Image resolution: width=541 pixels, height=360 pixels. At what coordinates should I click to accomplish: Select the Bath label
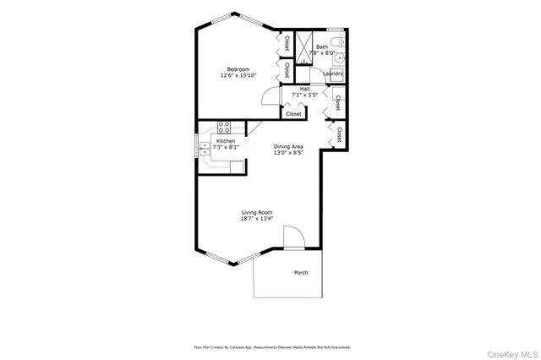click(x=322, y=46)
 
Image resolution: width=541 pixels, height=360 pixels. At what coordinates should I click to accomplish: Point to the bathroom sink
click(x=338, y=59)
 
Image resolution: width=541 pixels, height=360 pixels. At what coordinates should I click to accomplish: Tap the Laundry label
click(x=332, y=74)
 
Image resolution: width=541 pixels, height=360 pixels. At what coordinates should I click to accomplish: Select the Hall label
click(x=304, y=88)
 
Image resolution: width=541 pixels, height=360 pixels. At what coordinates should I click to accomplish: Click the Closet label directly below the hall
click(x=293, y=113)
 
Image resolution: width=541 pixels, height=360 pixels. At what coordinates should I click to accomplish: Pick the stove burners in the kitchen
click(x=225, y=128)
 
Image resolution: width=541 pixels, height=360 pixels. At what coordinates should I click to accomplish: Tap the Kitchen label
click(x=226, y=141)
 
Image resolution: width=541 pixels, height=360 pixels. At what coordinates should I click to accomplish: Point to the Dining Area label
click(x=288, y=146)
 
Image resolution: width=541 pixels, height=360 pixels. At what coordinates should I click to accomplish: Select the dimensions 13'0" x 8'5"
click(x=288, y=153)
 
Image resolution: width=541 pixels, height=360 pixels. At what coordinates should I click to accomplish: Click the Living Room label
click(x=256, y=212)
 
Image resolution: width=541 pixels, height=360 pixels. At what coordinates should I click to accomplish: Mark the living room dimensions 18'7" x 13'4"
click(x=256, y=219)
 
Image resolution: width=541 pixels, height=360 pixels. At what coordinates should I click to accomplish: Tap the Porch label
click(x=300, y=272)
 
